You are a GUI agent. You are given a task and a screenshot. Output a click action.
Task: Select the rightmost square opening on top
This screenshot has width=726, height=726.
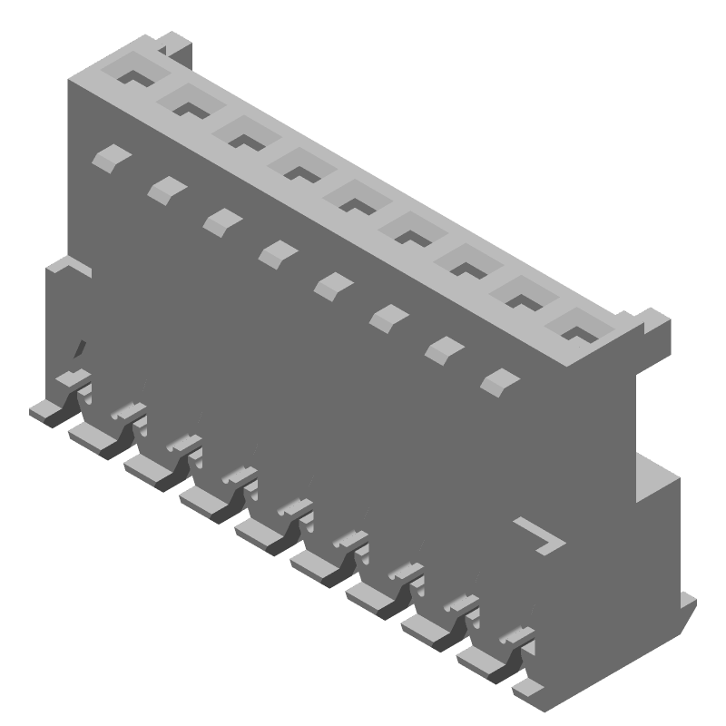tap(579, 326)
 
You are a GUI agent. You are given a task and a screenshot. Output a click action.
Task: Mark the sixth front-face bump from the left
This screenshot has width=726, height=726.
tap(389, 316)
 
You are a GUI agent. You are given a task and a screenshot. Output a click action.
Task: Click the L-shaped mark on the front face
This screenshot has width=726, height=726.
tap(542, 536)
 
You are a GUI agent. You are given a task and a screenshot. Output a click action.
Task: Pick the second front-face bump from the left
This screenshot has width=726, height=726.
tap(166, 188)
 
